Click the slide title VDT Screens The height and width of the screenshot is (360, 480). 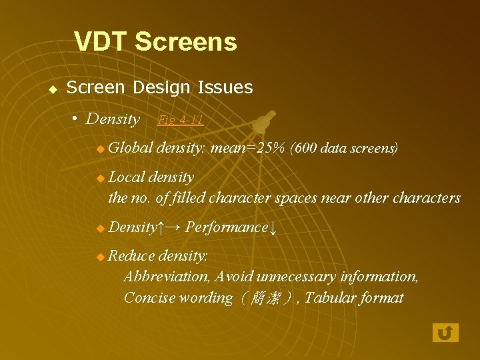tap(155, 42)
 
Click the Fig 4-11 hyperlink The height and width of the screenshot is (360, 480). tap(180, 120)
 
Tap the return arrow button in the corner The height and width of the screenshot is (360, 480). tap(445, 332)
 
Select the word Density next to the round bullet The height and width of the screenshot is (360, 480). tap(113, 119)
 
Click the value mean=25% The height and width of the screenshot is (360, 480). tap(247, 147)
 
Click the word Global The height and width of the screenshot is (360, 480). tap(131, 147)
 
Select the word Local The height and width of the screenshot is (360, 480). tap(126, 177)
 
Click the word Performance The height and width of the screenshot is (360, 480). tap(226, 227)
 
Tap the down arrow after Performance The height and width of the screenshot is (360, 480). tap(272, 228)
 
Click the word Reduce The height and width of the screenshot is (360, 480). tap(131, 256)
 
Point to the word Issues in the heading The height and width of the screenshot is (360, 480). tap(229, 87)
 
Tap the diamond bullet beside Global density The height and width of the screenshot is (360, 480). tap(100, 149)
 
